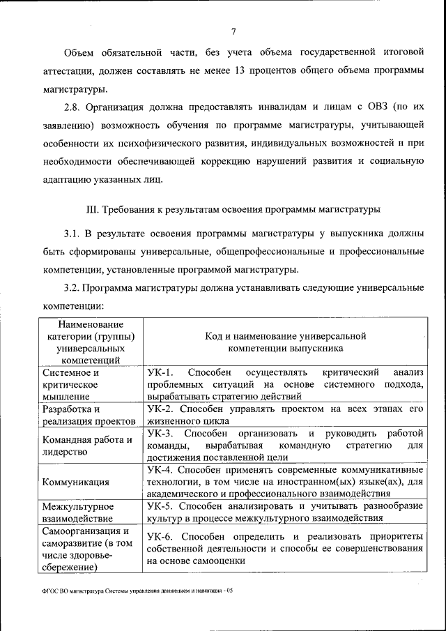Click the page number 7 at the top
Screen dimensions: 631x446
pos(233,30)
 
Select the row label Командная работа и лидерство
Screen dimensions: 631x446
pos(87,446)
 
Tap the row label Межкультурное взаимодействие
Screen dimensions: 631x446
pos(77,512)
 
